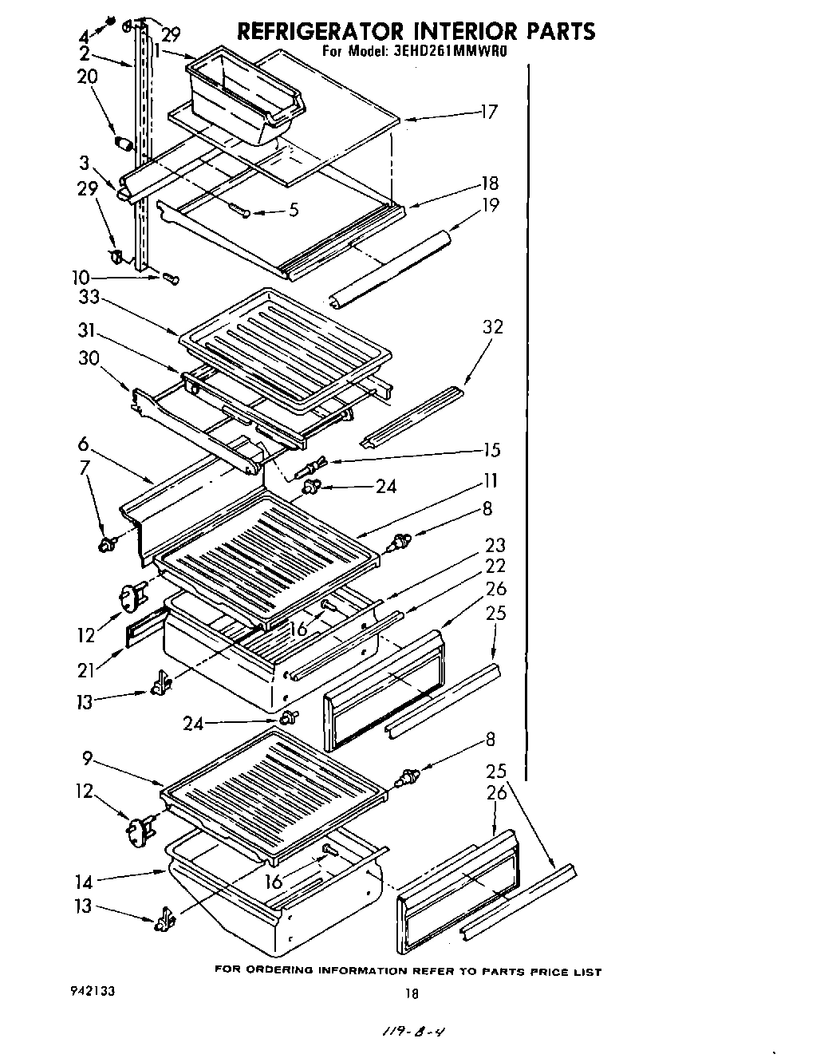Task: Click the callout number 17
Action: click(488, 112)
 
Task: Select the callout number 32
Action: click(492, 327)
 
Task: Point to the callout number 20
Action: click(87, 77)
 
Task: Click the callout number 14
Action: click(84, 882)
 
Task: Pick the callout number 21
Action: click(85, 670)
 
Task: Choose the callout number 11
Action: click(490, 480)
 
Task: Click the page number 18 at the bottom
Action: click(411, 994)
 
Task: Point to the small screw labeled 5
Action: click(239, 209)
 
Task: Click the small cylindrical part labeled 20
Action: click(123, 144)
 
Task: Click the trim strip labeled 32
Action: click(412, 416)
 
